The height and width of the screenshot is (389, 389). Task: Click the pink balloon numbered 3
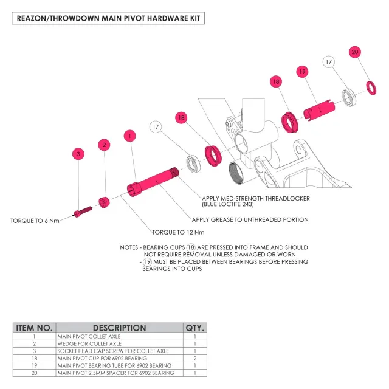pyautogui.click(x=78, y=154)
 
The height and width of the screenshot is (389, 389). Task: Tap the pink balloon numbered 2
pyautogui.click(x=104, y=145)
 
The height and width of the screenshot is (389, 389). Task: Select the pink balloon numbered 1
pyautogui.click(x=129, y=136)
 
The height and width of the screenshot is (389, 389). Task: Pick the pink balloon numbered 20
pyautogui.click(x=355, y=52)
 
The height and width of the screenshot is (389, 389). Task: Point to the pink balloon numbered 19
pyautogui.click(x=302, y=72)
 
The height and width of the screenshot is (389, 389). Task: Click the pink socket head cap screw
pyautogui.click(x=83, y=212)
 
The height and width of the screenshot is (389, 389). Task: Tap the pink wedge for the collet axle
pyautogui.click(x=104, y=202)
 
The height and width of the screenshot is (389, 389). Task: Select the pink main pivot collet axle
pyautogui.click(x=153, y=182)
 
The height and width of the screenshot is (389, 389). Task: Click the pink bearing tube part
pyautogui.click(x=319, y=110)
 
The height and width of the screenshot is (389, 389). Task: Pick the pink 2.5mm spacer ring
pyautogui.click(x=371, y=88)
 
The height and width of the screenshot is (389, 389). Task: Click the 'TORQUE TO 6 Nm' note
pyautogui.click(x=35, y=221)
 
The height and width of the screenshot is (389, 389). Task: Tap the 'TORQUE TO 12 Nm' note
pyautogui.click(x=178, y=232)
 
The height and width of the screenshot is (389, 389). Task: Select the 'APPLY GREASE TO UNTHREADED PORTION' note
pyautogui.click(x=250, y=219)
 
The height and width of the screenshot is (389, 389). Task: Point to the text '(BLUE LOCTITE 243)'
pyautogui.click(x=228, y=204)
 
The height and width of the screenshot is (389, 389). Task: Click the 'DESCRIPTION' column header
pyautogui.click(x=119, y=328)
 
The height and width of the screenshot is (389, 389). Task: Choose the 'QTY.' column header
pyautogui.click(x=195, y=328)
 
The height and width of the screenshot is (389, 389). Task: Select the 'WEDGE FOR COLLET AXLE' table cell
pyautogui.click(x=89, y=343)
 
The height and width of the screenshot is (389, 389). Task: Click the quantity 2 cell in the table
pyautogui.click(x=195, y=358)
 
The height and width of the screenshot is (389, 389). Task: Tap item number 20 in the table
pyautogui.click(x=34, y=373)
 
